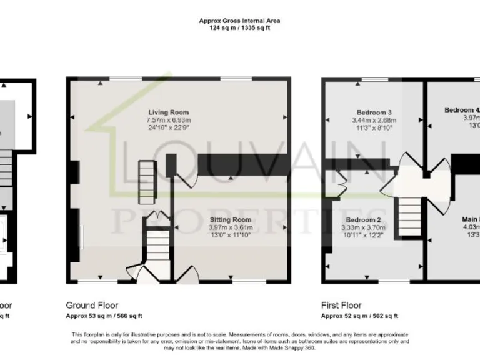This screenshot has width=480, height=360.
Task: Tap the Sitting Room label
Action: click(x=231, y=220)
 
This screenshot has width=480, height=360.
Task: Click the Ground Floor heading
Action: click(x=92, y=306)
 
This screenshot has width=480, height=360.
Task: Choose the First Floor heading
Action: click(x=341, y=306)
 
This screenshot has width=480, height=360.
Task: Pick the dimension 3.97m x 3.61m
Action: click(x=231, y=227)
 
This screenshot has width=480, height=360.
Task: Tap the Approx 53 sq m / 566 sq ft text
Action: click(x=104, y=316)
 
